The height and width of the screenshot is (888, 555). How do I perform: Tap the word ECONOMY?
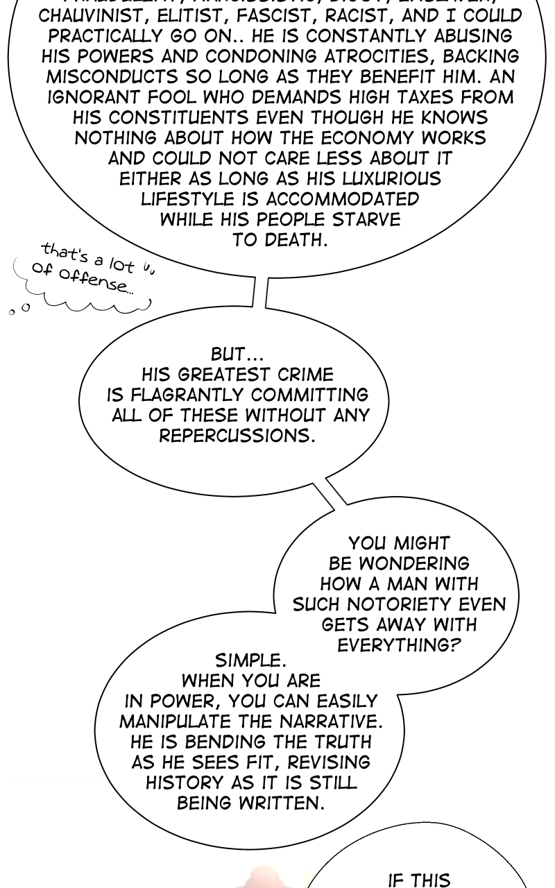coord(371,138)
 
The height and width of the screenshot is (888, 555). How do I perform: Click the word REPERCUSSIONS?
coord(237,436)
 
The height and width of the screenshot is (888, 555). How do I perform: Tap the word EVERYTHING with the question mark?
coord(399,645)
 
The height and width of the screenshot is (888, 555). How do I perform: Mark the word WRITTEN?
coord(282,803)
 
